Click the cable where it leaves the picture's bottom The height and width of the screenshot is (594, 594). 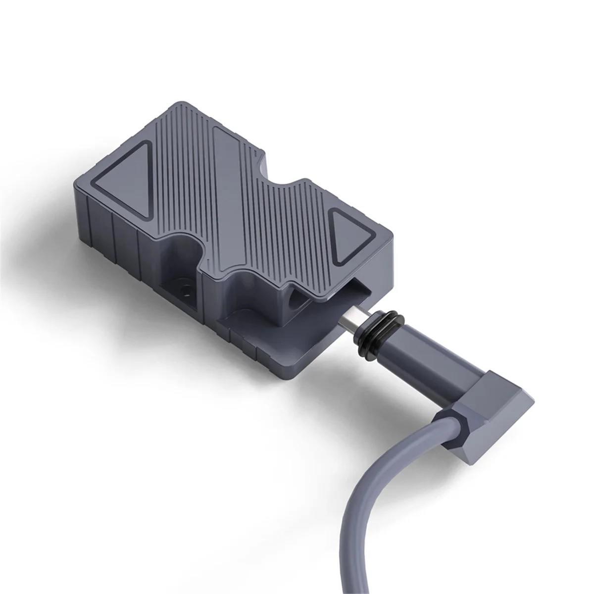[x=346, y=587]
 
